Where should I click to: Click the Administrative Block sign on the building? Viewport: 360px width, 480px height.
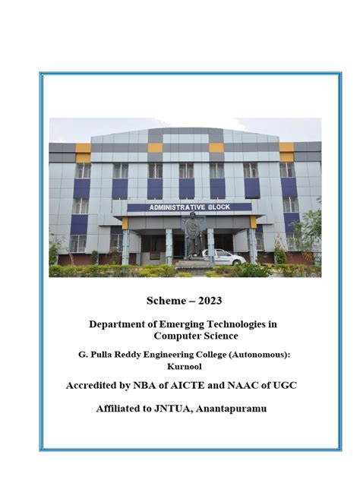(x=189, y=207)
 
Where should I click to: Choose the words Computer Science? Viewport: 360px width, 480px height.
(x=196, y=335)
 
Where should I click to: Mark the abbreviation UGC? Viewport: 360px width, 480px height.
(x=285, y=386)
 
